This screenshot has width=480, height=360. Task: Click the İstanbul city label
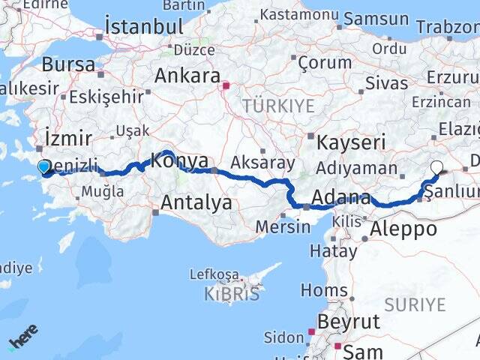pos(145,27)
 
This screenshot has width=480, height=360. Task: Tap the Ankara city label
pos(187,76)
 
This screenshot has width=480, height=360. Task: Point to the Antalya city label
pos(196,202)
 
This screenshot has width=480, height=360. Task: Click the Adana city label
pos(341,198)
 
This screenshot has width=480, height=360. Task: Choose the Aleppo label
pos(404,229)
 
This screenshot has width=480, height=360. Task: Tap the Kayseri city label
pos(351,142)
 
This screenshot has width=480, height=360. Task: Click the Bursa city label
pos(68,64)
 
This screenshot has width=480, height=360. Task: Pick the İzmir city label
pos(68,138)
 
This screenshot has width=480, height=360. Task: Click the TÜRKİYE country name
pos(278,106)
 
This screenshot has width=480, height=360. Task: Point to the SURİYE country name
pos(415,304)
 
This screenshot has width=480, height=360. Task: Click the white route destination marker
pos(436,168)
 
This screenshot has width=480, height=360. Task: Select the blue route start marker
pos(43,167)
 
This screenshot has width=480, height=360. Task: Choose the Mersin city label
pos(282,226)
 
